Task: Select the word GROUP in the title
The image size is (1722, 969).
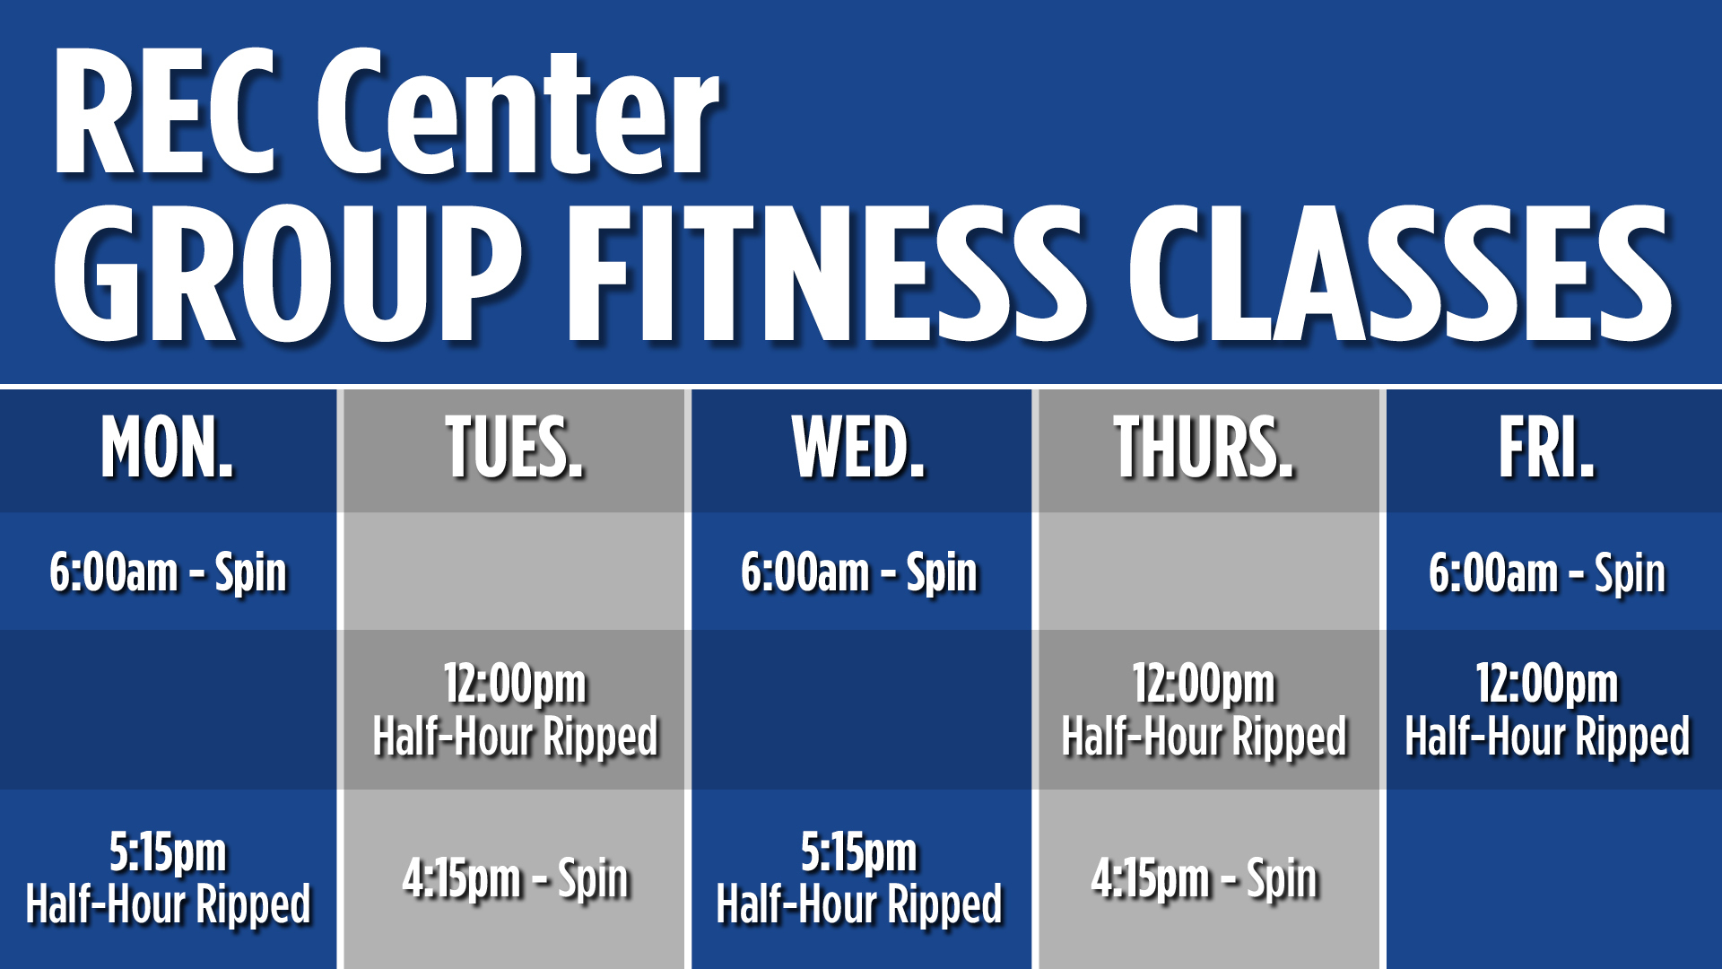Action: [287, 274]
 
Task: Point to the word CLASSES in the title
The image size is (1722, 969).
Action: [1400, 274]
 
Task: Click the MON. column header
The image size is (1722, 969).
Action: [167, 448]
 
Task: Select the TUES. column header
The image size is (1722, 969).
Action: [514, 448]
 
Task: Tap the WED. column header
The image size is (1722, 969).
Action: [858, 448]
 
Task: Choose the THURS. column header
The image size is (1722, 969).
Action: [1204, 448]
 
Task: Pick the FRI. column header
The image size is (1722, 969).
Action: [1547, 448]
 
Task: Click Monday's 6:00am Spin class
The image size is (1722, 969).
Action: [168, 573]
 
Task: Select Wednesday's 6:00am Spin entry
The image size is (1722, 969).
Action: [858, 573]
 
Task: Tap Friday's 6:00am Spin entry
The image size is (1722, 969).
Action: [1547, 573]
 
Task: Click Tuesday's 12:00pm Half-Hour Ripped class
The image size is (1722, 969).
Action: [515, 711]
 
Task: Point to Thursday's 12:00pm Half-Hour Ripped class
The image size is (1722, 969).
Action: [1204, 711]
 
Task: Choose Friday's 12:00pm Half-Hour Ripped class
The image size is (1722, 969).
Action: [1547, 711]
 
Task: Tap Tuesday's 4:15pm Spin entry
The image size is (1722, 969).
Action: [515, 878]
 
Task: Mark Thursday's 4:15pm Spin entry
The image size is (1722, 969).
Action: [1204, 878]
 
